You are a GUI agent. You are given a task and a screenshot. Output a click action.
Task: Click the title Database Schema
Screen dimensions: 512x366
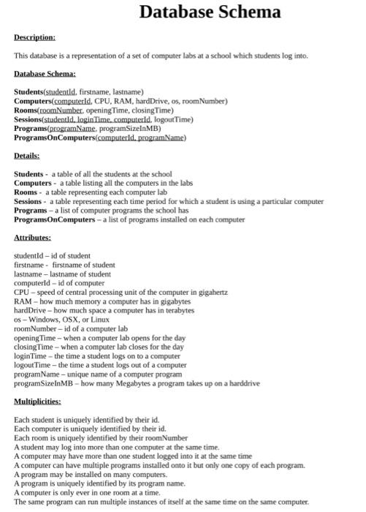pos(210,12)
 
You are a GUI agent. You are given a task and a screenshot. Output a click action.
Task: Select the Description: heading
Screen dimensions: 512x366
pos(34,37)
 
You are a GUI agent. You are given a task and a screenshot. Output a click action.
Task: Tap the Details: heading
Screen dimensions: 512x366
pos(27,156)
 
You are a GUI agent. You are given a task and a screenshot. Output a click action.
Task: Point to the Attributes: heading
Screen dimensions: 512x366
pos(33,238)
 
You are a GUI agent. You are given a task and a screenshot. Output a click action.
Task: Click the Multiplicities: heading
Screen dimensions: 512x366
pos(38,402)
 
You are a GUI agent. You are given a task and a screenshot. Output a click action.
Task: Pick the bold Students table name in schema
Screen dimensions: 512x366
pos(28,91)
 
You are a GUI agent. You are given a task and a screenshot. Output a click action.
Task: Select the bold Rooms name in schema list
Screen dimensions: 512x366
pos(26,110)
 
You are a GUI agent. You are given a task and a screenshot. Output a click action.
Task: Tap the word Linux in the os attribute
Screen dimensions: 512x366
pos(99,320)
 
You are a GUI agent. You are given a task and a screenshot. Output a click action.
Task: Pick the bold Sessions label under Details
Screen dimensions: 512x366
pos(28,201)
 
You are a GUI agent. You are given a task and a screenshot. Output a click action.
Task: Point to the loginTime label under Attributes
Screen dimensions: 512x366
pos(28,355)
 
